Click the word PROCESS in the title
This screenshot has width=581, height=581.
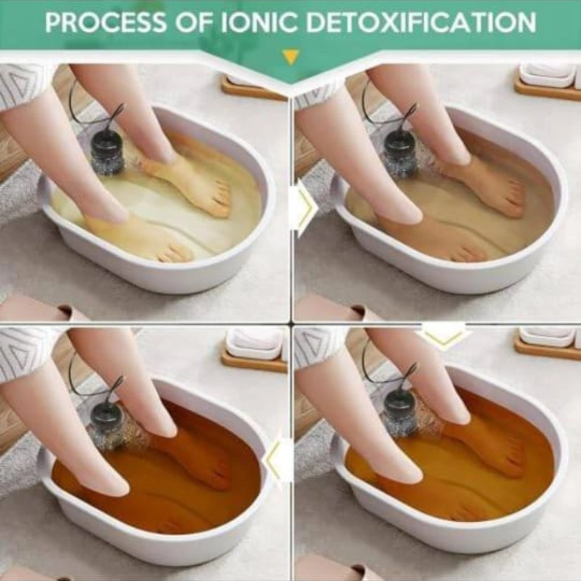pyautogui.click(x=106, y=22)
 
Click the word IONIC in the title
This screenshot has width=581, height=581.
pyautogui.click(x=259, y=22)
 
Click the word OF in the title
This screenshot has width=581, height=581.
pyautogui.click(x=193, y=22)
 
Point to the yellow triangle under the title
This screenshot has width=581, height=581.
pyautogui.click(x=290, y=58)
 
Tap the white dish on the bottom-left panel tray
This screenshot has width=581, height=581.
pyautogui.click(x=256, y=343)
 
